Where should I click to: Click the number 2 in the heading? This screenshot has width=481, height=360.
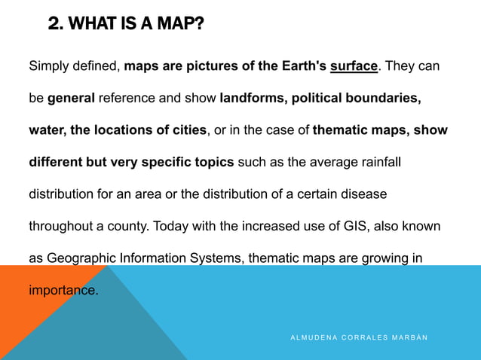click(54, 24)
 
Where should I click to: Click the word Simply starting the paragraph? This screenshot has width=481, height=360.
click(50, 66)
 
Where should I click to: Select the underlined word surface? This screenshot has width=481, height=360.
click(354, 66)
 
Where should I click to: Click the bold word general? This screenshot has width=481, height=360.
click(71, 98)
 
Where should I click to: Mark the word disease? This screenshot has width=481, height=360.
click(363, 194)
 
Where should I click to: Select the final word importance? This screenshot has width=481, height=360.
click(63, 289)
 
